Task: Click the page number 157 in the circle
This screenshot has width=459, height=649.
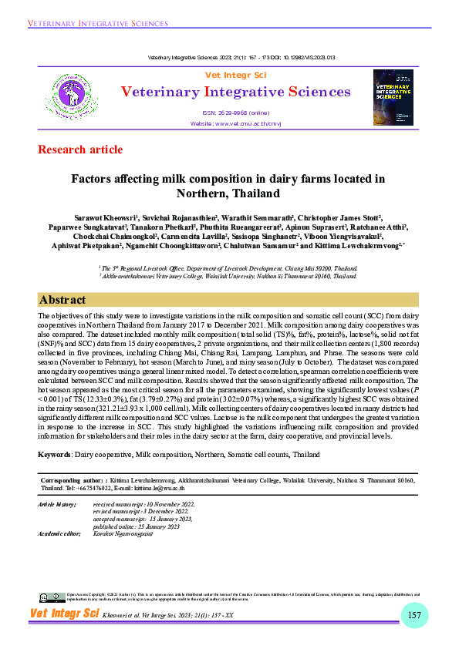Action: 413,614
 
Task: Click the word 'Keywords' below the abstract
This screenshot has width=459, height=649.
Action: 56,456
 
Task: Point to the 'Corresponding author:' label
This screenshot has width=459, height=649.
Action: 70,481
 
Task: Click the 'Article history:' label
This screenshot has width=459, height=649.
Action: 57,503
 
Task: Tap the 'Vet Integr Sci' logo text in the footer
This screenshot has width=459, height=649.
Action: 65,614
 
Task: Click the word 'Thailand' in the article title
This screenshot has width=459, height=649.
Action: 256,193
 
